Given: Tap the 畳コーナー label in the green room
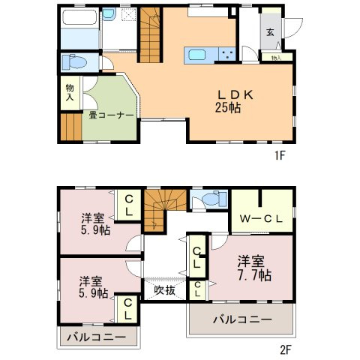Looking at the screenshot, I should click(109, 115).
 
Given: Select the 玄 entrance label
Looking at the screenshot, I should click(268, 31).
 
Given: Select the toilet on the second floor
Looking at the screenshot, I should click(209, 200).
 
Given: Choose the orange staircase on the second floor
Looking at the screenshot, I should click(159, 208).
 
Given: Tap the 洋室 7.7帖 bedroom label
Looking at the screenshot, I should click(253, 268).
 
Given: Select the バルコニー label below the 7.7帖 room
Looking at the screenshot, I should click(240, 319).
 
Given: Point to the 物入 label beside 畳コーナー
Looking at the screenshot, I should click(70, 92).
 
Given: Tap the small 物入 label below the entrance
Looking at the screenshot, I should click(276, 57).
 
